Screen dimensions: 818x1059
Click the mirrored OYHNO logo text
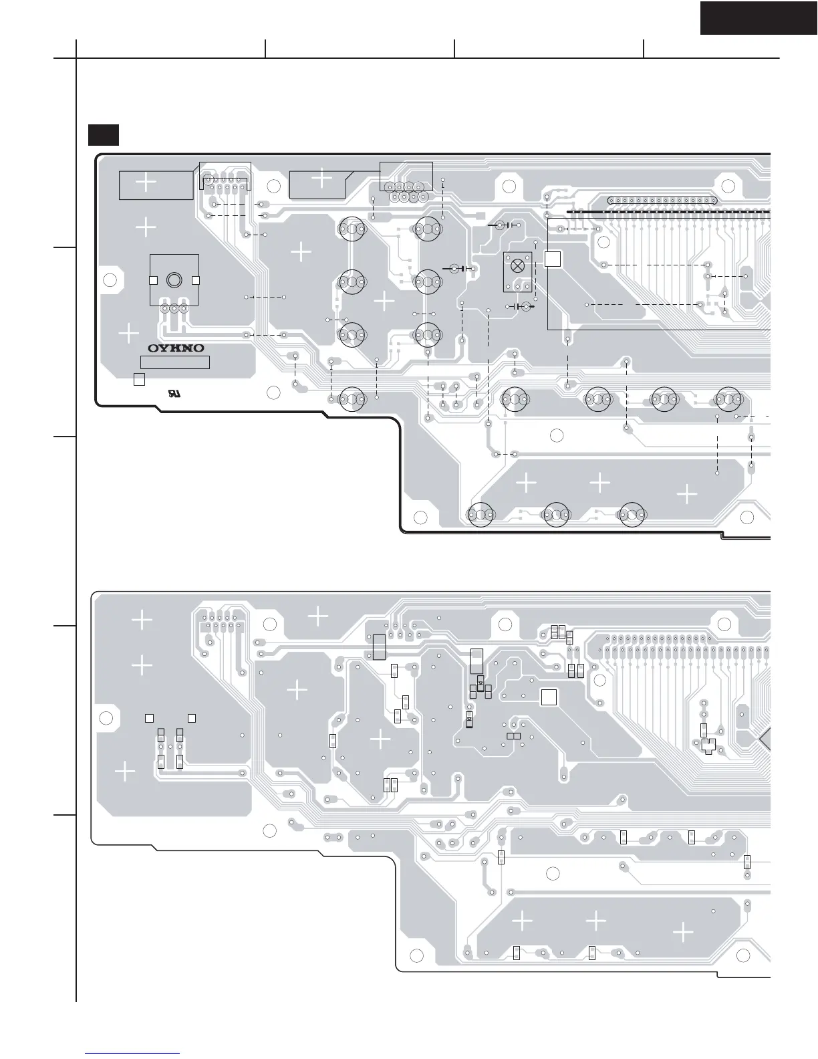click(176, 348)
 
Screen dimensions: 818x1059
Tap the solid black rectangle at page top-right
click(758, 17)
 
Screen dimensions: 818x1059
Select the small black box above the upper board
click(104, 134)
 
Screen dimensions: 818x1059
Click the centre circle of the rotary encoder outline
click(174, 279)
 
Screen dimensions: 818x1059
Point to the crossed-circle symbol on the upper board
click(517, 265)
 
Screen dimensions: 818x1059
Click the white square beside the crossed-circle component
click(552, 259)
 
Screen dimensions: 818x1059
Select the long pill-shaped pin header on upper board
click(662, 200)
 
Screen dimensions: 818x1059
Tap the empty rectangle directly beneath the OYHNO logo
click(175, 362)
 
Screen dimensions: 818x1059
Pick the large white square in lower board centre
click(549, 697)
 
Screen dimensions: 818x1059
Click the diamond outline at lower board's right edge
click(766, 739)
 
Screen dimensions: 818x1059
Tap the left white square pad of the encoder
click(152, 280)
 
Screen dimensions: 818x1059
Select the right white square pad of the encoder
click(196, 280)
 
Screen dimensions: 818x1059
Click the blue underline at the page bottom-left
click(133, 1053)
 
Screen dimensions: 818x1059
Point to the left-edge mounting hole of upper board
click(110, 279)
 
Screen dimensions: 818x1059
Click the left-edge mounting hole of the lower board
click(105, 718)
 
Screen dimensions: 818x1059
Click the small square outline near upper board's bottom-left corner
click(139, 379)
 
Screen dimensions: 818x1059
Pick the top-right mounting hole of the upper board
click(728, 186)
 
